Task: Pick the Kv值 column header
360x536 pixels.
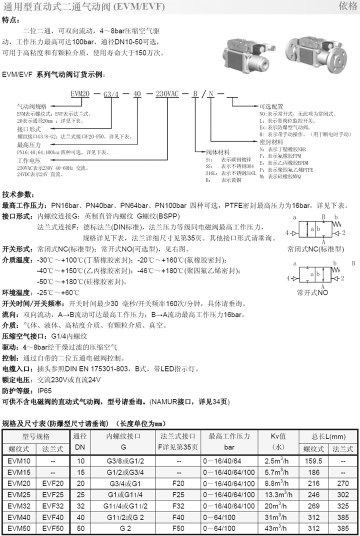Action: [x=278, y=436]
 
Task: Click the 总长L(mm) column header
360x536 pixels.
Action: [x=328, y=436]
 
